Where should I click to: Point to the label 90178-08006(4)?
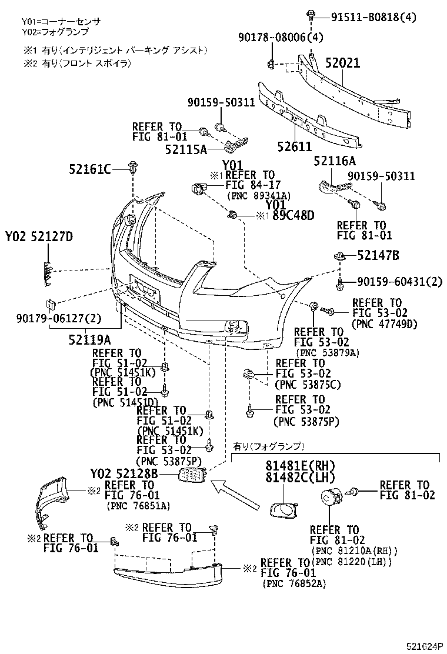tap(281, 38)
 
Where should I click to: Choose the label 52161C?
tap(91, 171)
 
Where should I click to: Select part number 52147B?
tap(379, 255)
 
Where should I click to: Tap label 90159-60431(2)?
tap(399, 282)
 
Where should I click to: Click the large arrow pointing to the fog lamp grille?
tap(235, 494)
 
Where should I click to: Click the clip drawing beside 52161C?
tap(133, 169)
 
